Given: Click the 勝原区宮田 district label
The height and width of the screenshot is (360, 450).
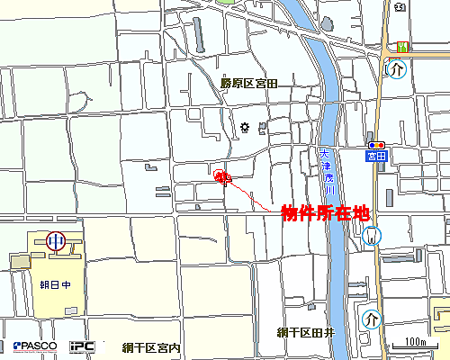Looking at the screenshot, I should (249, 83).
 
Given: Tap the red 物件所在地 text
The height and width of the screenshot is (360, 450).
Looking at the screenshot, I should (326, 213).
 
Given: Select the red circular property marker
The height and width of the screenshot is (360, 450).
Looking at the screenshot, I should (222, 176).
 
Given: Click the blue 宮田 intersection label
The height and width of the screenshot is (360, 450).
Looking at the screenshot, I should (376, 156).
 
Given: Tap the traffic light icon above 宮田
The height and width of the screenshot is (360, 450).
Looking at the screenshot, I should (376, 145).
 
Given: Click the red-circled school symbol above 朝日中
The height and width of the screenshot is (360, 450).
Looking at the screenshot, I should (56, 240).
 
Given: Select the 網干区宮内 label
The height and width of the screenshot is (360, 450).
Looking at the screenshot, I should (152, 347).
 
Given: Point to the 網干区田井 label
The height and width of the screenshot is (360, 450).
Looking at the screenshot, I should (306, 332).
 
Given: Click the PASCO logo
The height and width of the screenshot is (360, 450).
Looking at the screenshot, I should (35, 346).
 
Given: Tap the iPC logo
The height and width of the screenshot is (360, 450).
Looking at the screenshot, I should (84, 346).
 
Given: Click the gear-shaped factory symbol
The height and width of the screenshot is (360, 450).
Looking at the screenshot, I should (245, 127).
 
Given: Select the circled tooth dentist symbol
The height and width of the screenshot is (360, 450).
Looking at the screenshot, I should (373, 236).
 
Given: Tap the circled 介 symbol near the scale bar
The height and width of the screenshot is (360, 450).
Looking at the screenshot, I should (372, 319).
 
